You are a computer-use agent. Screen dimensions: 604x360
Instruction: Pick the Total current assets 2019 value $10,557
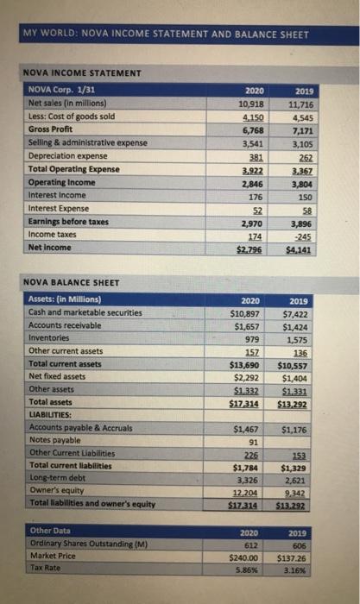point(298,364)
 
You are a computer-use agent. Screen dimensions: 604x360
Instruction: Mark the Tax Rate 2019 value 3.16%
point(301,569)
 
